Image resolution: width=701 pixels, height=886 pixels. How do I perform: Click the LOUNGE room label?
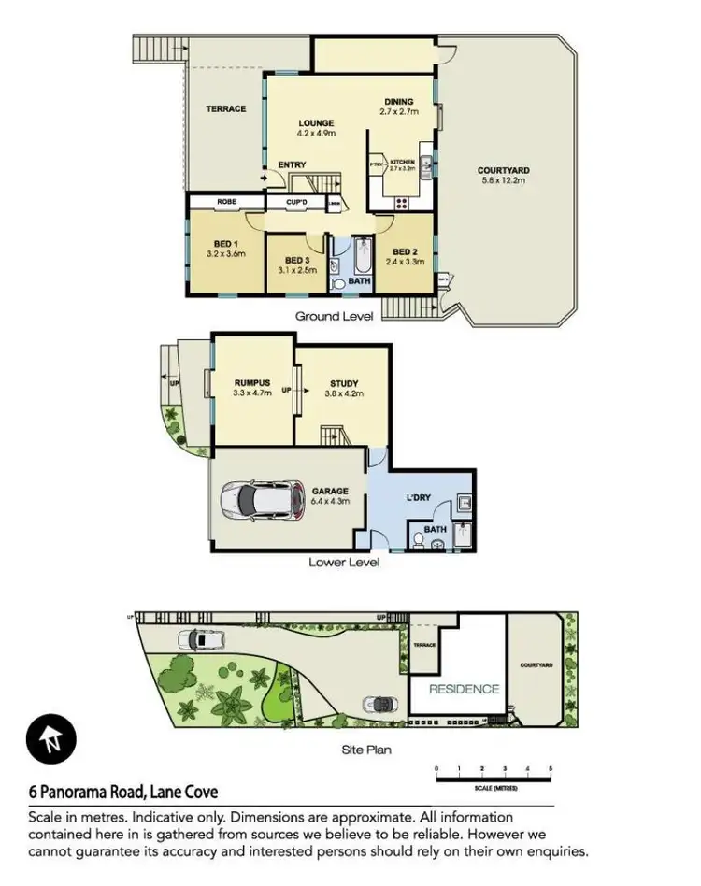coord(316,122)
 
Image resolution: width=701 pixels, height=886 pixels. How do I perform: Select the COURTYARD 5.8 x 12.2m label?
coord(503,171)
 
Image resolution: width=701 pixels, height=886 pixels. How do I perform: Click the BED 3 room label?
coord(296,260)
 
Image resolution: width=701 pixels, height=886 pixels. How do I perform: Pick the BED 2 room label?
coord(403,251)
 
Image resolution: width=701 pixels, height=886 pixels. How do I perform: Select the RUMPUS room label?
coord(251,383)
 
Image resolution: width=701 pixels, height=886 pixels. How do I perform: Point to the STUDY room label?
coord(344,383)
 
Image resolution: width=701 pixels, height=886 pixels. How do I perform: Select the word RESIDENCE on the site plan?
coord(464,689)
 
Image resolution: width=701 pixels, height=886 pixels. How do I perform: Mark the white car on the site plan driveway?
coord(202,639)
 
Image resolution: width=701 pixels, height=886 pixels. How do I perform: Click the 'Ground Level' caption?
coord(334,316)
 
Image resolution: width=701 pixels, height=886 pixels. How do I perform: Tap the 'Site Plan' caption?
coord(365,750)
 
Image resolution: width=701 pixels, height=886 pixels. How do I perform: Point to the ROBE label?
coord(226,201)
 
